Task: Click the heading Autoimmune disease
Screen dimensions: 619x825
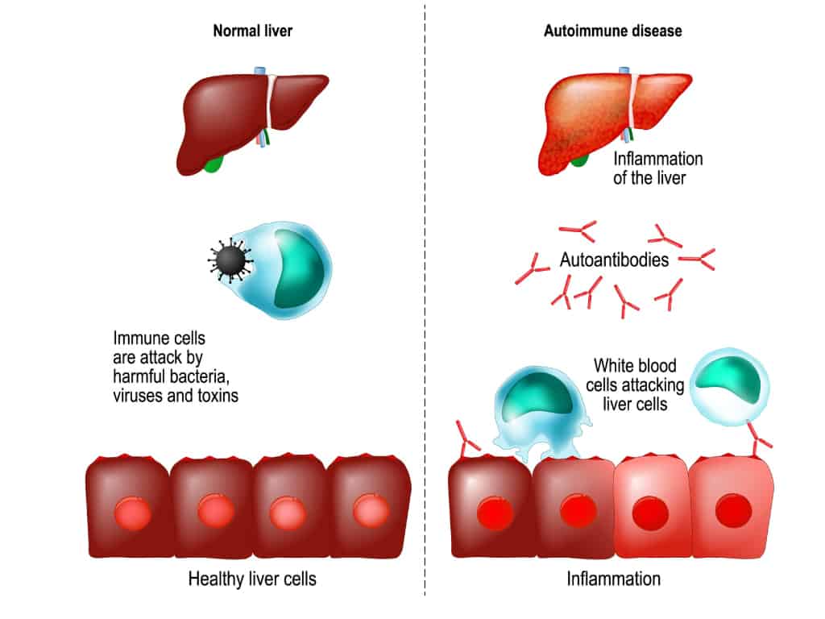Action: point(612,31)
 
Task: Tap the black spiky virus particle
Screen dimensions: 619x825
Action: point(230,260)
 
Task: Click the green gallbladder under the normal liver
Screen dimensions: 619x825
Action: point(213,164)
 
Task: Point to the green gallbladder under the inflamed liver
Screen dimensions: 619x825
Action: point(578,159)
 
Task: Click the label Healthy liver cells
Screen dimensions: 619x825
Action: point(251,579)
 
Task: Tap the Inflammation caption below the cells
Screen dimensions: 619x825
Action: point(613,579)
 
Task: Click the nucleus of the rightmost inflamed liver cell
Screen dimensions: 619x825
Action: point(733,510)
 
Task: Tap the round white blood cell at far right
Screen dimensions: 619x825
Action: point(729,380)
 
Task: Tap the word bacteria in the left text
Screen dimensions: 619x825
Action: point(205,376)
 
